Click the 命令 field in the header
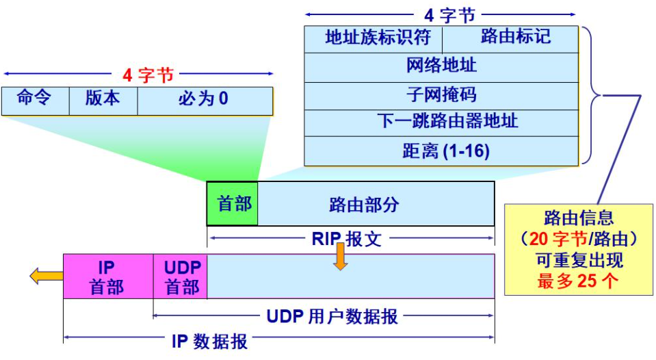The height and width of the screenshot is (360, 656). pos(35,100)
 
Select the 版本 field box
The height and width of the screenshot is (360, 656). pos(103,100)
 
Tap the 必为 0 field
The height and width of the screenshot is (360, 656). pos(205,100)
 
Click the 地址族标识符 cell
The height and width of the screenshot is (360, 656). pos(373,38)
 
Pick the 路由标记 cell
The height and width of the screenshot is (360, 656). pos(510,38)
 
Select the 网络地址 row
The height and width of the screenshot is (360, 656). pos(441,66)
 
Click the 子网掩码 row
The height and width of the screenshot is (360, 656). pos(441,94)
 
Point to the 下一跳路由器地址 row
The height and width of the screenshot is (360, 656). pos(441,123)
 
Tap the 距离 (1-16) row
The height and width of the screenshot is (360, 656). pos(441,151)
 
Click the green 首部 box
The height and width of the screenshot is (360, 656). pos(233,204)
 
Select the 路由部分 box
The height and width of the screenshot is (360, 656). pos(375,204)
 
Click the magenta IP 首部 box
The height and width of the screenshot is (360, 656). pos(107,277)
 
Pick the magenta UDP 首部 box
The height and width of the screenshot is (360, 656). pos(181,277)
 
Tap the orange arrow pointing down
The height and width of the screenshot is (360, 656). pos(340,256)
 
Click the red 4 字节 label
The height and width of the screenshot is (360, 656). pos(148,75)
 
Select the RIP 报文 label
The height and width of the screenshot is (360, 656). pos(347,239)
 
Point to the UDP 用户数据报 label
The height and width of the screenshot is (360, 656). pos(332,317)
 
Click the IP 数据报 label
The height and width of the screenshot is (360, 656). pos(209,340)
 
